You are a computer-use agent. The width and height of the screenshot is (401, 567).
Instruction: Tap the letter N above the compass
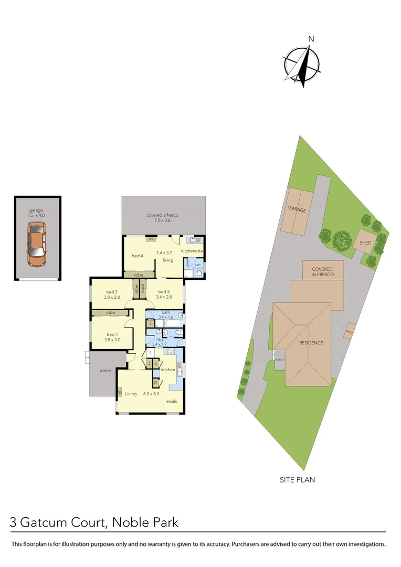[x=311, y=39]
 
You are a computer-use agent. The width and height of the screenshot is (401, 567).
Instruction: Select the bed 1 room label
[x=112, y=334]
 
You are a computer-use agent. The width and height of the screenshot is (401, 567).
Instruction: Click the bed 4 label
[x=137, y=256]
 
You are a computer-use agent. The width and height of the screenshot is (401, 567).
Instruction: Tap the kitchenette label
[x=192, y=251]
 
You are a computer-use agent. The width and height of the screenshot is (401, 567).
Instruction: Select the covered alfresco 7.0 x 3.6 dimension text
[x=163, y=220]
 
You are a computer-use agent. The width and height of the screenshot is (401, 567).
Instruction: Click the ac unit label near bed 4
[x=151, y=239]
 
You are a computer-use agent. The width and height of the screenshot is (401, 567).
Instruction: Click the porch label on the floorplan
[x=105, y=371]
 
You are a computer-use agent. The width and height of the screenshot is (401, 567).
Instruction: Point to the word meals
[x=171, y=401]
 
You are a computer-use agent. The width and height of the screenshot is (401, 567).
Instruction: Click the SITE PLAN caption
[x=298, y=479]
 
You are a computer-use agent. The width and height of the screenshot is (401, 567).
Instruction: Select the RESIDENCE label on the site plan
[x=311, y=343]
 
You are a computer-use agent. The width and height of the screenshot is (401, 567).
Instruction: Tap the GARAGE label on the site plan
[x=297, y=209]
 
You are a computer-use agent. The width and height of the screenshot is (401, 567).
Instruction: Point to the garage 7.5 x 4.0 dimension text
[x=36, y=214]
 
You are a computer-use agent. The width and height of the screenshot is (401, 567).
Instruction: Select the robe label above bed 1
[x=110, y=312]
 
